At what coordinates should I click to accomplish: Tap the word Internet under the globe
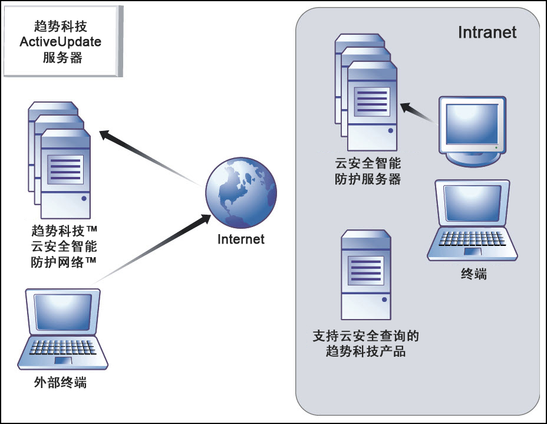[240, 239]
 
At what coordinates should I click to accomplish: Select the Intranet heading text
[487, 32]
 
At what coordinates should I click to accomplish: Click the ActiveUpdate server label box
[62, 42]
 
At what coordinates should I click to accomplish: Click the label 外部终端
[61, 383]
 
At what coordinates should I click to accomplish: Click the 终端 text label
[473, 274]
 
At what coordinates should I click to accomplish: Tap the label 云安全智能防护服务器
[368, 171]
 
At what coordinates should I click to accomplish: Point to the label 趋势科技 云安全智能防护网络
[63, 245]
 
